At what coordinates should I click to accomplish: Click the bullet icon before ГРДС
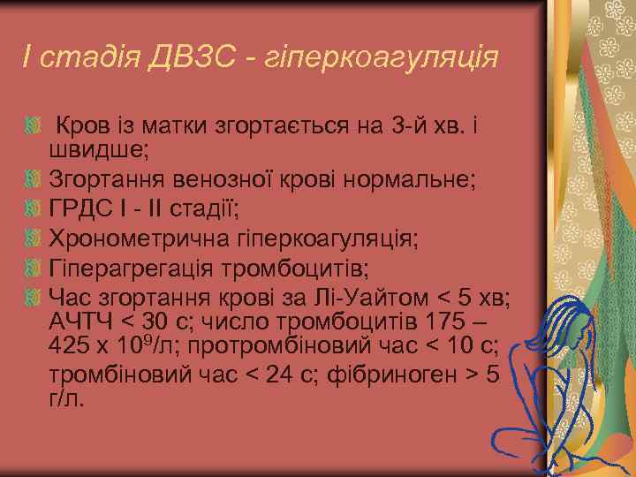(x=33, y=209)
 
